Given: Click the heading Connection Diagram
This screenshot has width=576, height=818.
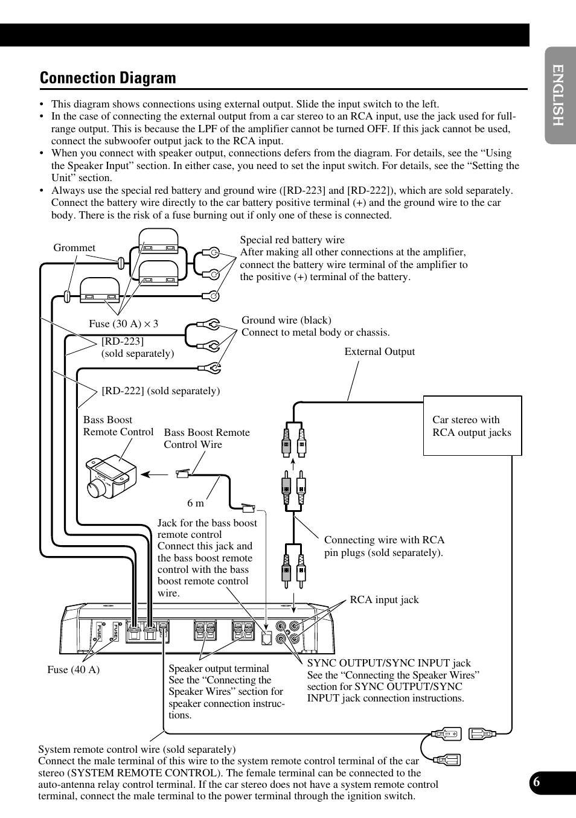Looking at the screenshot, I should pyautogui.click(x=107, y=78).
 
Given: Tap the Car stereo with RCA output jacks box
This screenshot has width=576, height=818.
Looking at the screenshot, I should pyautogui.click(x=472, y=426).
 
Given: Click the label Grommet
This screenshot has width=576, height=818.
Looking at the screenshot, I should pyautogui.click(x=74, y=248).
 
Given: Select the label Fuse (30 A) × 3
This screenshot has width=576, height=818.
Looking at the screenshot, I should pyautogui.click(x=123, y=324).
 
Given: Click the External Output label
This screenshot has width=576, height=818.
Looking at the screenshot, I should pyautogui.click(x=379, y=352).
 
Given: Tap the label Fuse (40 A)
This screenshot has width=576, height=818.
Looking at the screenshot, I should pyautogui.click(x=73, y=669).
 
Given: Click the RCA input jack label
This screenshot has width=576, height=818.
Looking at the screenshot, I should pyautogui.click(x=384, y=600).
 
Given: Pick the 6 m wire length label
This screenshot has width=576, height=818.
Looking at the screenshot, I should pyautogui.click(x=196, y=503).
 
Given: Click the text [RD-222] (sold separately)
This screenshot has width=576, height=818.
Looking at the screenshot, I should pyautogui.click(x=161, y=391).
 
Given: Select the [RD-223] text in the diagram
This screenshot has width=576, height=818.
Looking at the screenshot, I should pyautogui.click(x=123, y=342).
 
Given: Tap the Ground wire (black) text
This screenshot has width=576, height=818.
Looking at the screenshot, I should pyautogui.click(x=286, y=321).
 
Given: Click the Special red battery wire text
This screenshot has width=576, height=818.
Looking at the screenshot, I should pyautogui.click(x=292, y=240).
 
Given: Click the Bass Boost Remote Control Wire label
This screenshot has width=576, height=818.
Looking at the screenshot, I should pyautogui.click(x=206, y=438).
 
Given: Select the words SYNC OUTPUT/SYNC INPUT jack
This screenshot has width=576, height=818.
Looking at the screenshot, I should pyautogui.click(x=389, y=663).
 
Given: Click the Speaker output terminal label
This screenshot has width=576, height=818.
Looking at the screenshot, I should pyautogui.click(x=219, y=669).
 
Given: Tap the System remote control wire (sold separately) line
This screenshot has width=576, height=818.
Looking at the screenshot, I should pyautogui.click(x=137, y=750).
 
